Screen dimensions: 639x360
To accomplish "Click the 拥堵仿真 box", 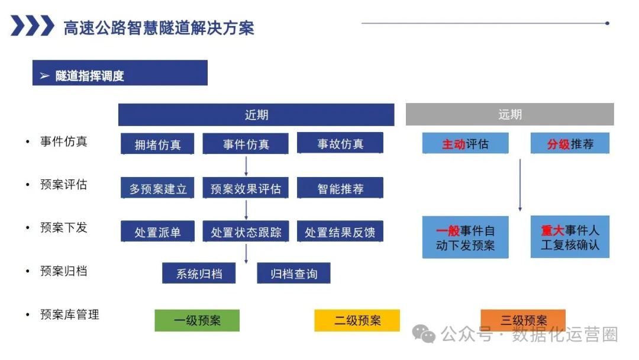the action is coord(157,144).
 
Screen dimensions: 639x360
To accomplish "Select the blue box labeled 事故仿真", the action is coord(340,143).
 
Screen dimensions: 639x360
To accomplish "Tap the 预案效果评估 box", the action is coord(246,189).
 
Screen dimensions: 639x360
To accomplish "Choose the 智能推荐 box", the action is coord(340,189).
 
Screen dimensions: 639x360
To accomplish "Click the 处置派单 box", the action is coord(157,232).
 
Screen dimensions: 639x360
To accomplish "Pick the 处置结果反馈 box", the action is coord(340,232).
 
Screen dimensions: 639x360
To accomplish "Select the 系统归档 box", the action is coord(199,274).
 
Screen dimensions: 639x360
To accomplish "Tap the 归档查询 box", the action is coord(293,274).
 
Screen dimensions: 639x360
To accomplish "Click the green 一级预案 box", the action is coord(197,320).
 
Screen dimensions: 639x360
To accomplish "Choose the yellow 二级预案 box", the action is coord(357,320).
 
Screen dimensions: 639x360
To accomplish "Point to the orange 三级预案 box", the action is coord(523,320).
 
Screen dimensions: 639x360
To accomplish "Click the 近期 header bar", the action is coord(256,115).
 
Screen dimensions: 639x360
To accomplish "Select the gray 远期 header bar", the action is coord(509,114).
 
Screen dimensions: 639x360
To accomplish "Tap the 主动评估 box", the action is coord(465,143).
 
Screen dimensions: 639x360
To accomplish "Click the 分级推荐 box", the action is coord(570,143).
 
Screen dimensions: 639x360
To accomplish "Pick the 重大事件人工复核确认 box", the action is coord(570,237).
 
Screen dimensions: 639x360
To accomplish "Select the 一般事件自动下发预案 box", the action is coord(465,237).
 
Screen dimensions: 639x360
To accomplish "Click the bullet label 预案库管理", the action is coord(69,314).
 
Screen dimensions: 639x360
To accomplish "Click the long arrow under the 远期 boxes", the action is coord(520,185).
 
